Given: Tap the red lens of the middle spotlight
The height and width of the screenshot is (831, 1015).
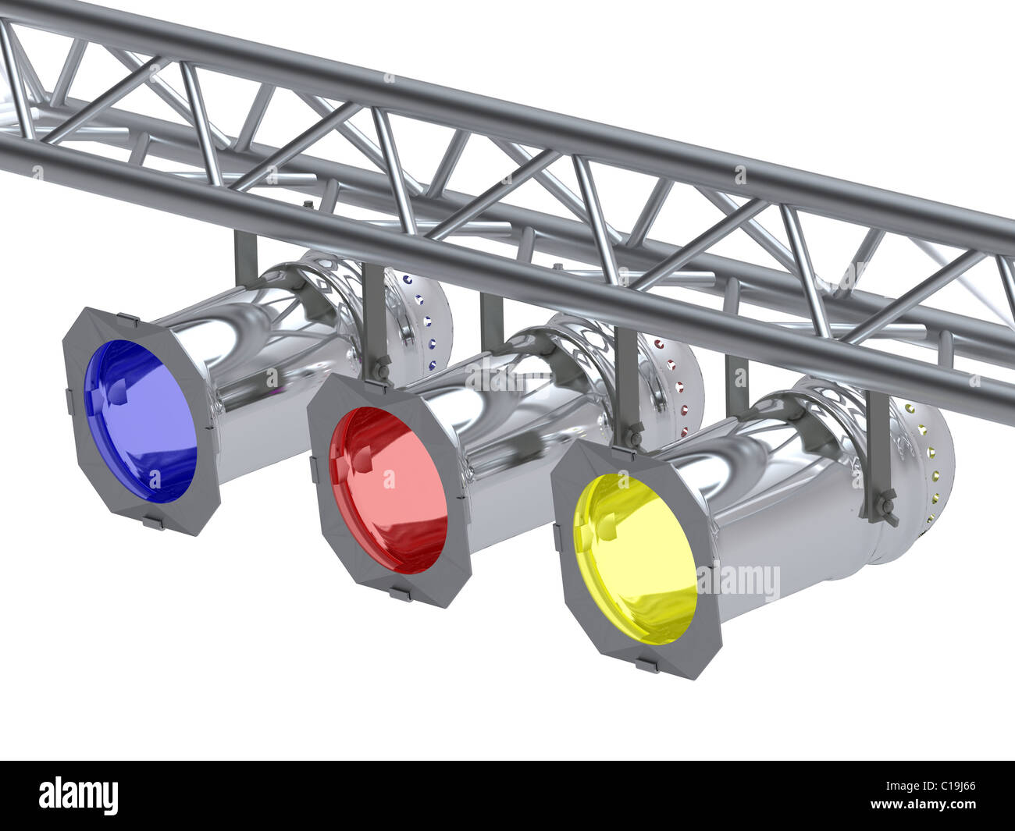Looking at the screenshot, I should point(388,490).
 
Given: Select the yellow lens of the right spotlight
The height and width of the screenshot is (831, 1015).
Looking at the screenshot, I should point(635,559).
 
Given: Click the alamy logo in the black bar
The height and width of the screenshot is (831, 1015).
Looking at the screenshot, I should point(79,796).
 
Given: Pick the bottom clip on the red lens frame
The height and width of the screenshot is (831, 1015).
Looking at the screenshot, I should point(401,595).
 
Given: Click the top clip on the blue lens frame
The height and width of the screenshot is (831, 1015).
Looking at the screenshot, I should point(127,318).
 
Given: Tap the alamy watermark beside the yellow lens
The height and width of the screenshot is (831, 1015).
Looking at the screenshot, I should point(738,581).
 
